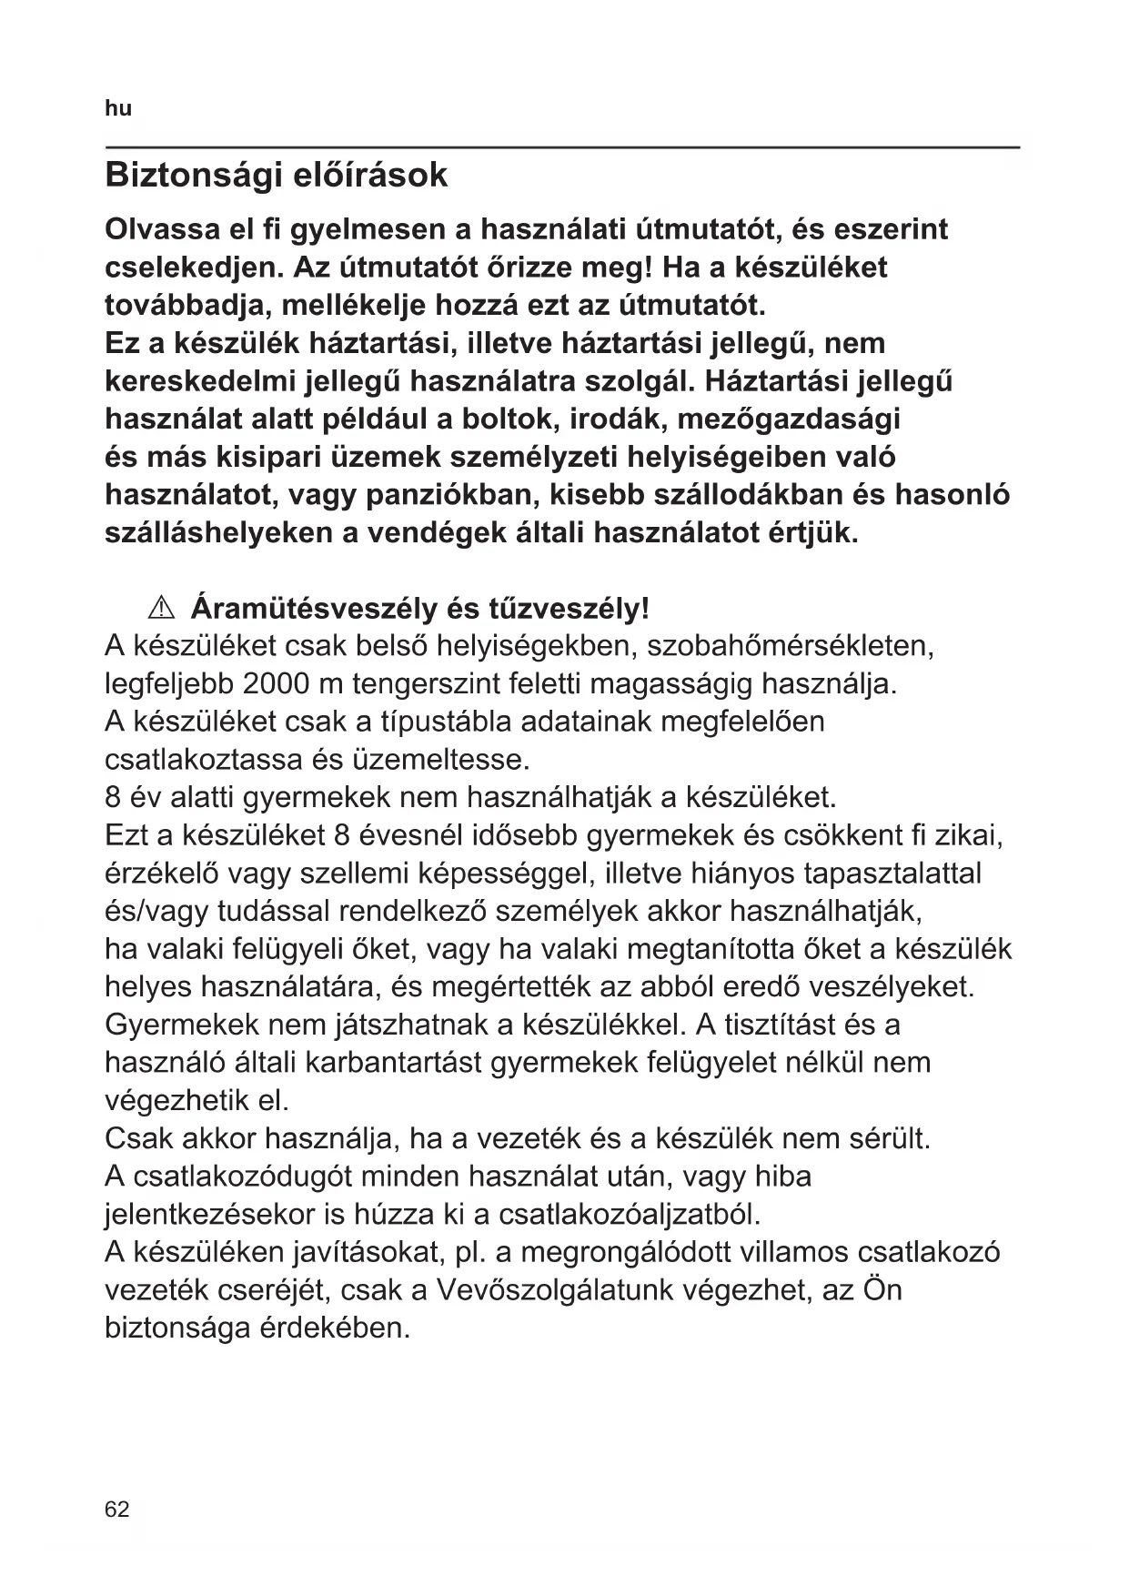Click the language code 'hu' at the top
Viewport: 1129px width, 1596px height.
pyautogui.click(x=118, y=109)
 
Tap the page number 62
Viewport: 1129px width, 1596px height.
pyautogui.click(x=117, y=1510)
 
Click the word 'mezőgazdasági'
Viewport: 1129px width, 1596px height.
pyautogui.click(x=789, y=419)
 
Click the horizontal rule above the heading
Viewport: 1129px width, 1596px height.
pyautogui.click(x=562, y=146)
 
